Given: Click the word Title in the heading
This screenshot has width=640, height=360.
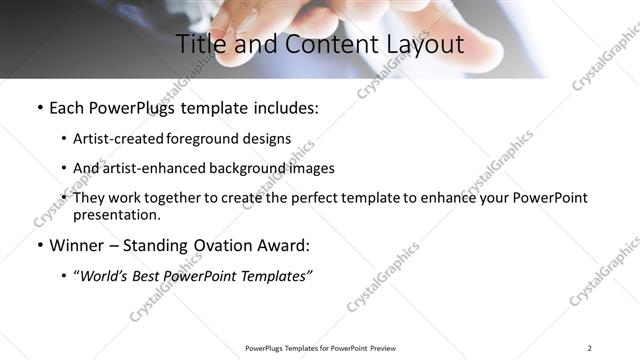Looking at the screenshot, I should (200, 44).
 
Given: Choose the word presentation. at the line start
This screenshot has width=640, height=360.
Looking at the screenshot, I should (116, 214).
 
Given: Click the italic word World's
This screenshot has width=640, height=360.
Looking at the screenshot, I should (105, 276).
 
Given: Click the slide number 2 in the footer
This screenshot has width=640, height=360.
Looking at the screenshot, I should (589, 348).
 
